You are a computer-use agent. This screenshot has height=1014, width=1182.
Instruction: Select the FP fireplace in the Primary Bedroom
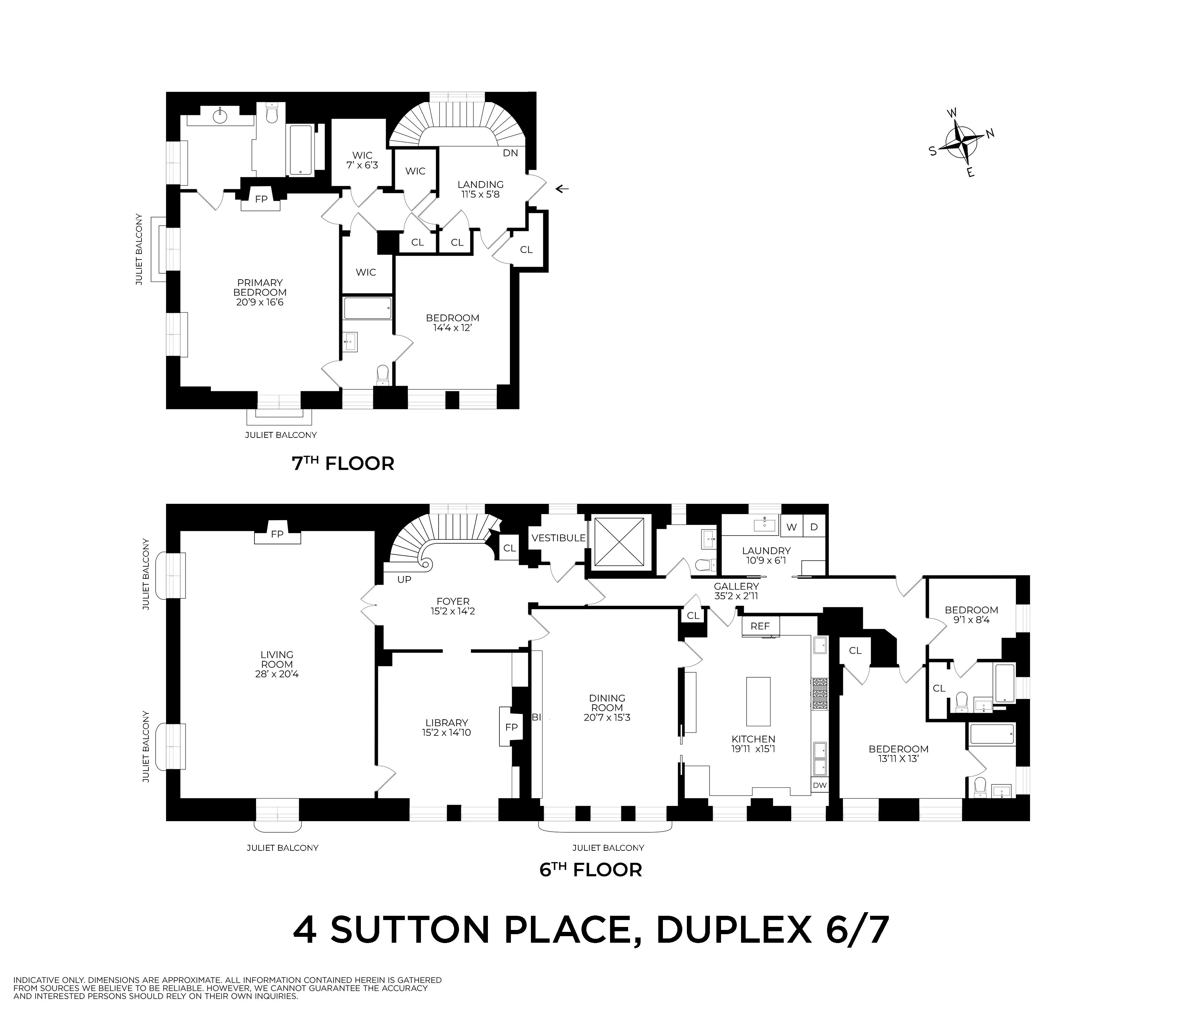261,199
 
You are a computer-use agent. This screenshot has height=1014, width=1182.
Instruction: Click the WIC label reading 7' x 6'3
362,160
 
